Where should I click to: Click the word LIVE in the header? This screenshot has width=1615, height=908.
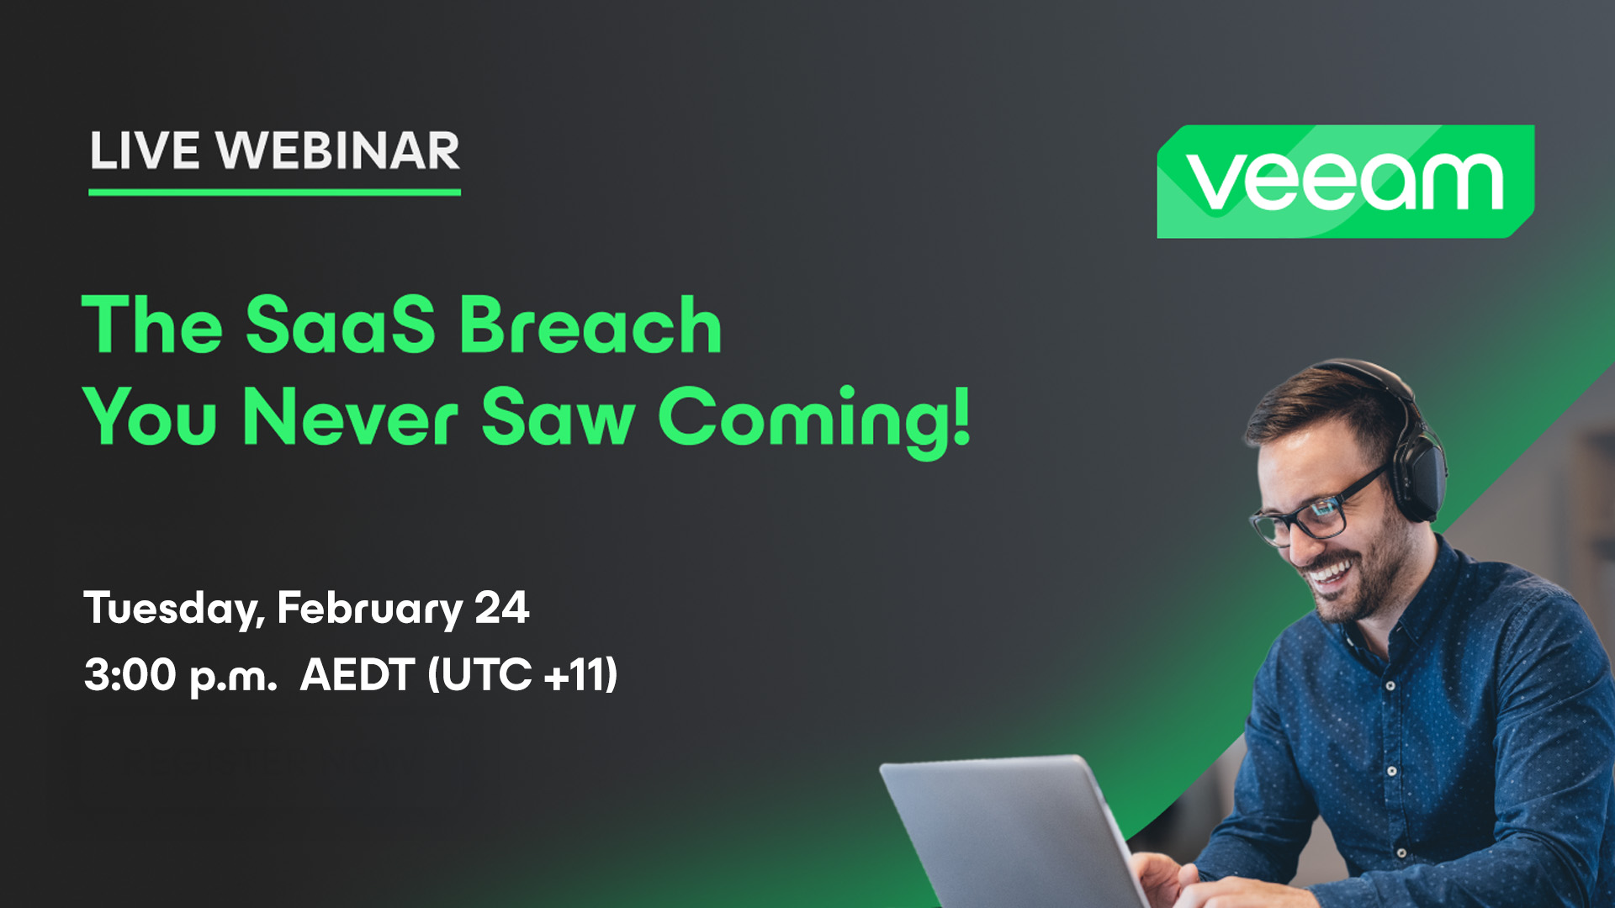145,151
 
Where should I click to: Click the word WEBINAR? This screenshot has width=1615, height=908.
338,151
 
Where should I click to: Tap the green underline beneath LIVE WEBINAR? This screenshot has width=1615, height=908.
274,193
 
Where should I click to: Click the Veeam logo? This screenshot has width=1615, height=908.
1346,181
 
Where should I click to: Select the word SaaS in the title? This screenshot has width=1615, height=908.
341,325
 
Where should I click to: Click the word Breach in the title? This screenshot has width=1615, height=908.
590,325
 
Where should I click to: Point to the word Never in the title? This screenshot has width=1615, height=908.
351,416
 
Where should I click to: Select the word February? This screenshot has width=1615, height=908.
370,609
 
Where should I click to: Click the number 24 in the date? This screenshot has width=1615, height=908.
502,607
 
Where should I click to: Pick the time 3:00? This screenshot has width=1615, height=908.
130,674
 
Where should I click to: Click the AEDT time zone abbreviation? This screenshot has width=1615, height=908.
357,674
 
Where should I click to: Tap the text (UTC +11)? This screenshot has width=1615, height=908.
522,674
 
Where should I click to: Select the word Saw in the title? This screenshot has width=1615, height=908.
558,416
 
